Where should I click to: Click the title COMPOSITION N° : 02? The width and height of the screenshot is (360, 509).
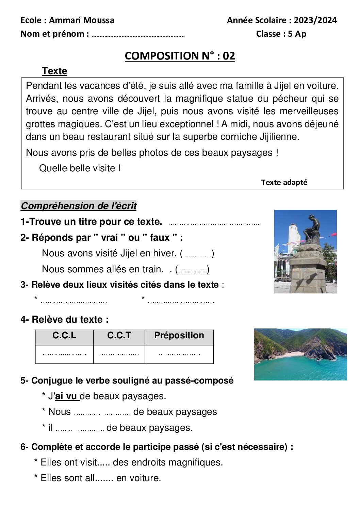[x=180, y=56]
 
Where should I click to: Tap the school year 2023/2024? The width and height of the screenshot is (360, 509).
[x=315, y=20]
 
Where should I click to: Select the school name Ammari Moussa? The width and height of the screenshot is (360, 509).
[x=82, y=20]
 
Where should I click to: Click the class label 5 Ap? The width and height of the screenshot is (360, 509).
[x=297, y=34]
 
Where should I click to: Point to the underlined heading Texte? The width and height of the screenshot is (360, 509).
[x=54, y=71]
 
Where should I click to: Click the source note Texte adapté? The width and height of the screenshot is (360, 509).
[x=284, y=183]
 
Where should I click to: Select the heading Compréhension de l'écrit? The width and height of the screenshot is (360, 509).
[x=79, y=206]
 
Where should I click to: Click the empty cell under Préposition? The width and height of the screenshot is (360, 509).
[x=179, y=354]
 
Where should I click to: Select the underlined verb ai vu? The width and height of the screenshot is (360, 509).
[x=67, y=396]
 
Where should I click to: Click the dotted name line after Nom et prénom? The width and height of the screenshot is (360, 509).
[x=138, y=35]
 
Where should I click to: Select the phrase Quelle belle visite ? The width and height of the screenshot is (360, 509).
[x=80, y=168]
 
